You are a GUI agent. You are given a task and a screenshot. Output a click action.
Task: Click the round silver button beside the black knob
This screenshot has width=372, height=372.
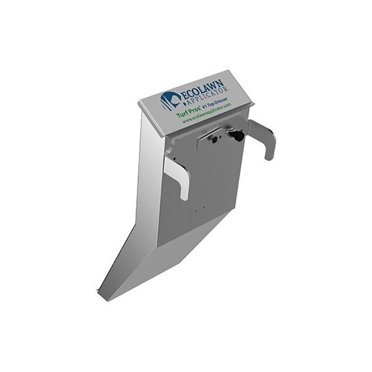pyautogui.click(x=215, y=139)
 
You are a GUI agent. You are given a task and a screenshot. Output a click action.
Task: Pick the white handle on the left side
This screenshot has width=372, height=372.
pyautogui.click(x=179, y=177)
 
